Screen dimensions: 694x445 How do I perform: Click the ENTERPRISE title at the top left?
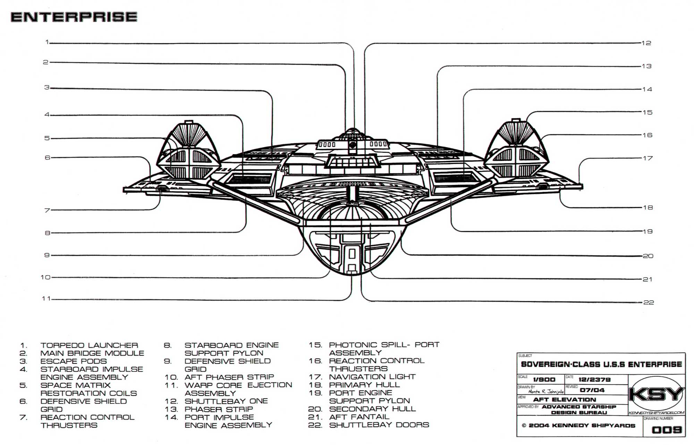tap(74, 17)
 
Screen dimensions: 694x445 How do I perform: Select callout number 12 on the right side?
tap(646, 43)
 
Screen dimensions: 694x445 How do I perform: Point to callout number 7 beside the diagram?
tap(47, 210)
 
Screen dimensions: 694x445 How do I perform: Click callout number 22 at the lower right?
tap(649, 302)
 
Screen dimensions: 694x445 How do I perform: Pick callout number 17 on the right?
tap(648, 158)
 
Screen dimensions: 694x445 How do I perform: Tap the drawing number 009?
tap(667, 430)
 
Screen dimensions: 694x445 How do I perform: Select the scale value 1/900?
tap(544, 380)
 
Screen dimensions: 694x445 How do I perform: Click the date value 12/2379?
tap(594, 380)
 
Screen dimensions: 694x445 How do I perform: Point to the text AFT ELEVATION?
tap(565, 400)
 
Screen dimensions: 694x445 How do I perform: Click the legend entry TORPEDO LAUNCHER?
tap(89, 345)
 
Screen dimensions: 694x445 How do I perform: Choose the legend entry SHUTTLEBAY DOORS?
tap(379, 425)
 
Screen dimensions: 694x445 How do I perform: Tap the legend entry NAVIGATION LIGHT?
tap(372, 377)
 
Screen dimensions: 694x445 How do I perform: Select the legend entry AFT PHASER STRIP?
tap(229, 377)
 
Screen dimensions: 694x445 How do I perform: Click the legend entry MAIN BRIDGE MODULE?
tap(92, 353)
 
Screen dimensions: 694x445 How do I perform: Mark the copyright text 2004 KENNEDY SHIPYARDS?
tap(582, 426)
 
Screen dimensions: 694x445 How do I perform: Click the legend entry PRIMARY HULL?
tap(364, 385)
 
